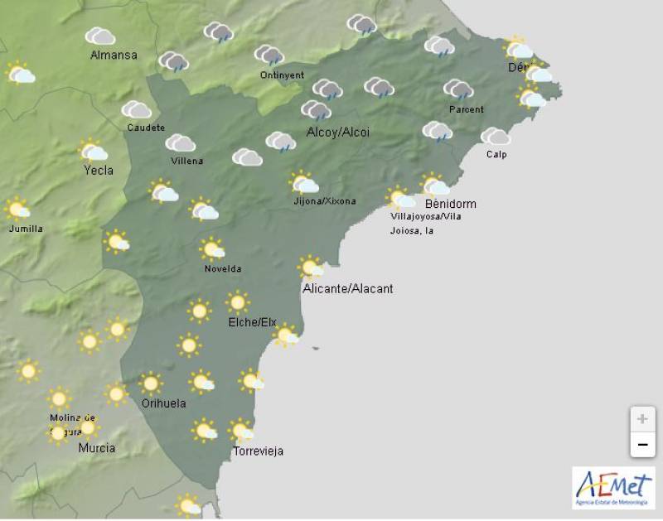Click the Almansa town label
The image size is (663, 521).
(x=114, y=55)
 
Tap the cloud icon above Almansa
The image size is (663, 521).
(x=100, y=36)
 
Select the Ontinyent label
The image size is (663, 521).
(x=282, y=75)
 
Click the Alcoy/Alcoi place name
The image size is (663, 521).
(x=338, y=133)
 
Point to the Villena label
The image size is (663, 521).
(x=186, y=161)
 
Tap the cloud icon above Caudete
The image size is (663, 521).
(x=136, y=109)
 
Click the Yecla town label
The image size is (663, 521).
(x=98, y=171)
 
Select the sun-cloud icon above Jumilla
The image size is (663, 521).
(x=17, y=209)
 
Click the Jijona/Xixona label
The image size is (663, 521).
(x=325, y=201)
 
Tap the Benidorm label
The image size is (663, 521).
(x=450, y=204)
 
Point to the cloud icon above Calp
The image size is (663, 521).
(x=496, y=136)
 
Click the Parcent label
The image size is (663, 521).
(x=466, y=109)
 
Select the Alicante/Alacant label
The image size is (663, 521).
(x=347, y=288)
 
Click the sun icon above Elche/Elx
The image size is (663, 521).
(x=238, y=302)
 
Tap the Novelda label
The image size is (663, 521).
(x=223, y=268)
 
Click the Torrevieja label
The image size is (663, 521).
(x=258, y=451)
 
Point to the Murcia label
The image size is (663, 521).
(x=96, y=448)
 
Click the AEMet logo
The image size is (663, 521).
(x=612, y=487)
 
